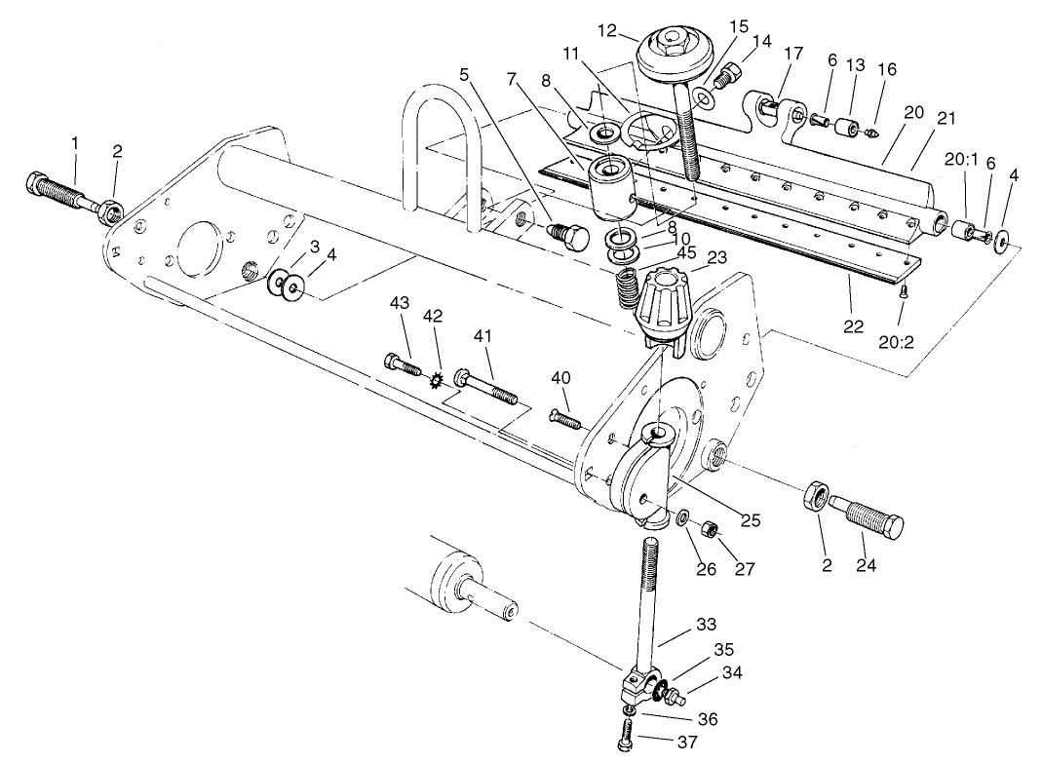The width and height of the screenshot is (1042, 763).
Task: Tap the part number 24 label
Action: tap(866, 565)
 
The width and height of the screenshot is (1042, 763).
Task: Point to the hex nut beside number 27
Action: tap(712, 531)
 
